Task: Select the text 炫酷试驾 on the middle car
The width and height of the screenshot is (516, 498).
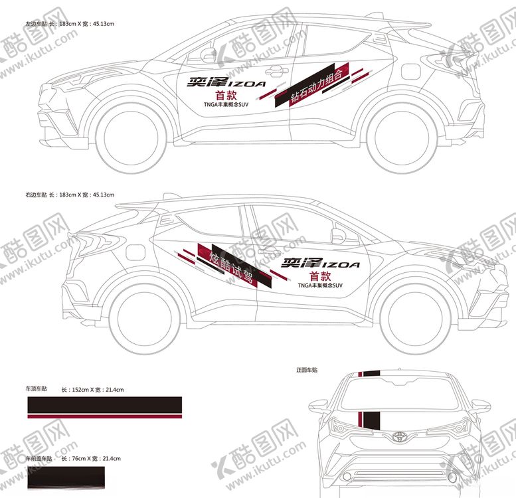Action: coord(232,266)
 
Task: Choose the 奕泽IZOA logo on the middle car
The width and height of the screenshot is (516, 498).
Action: coord(321,264)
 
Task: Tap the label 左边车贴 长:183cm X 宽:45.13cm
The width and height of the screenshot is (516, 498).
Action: coord(70,24)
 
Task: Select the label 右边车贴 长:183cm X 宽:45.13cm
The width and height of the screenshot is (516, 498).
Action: coord(70,195)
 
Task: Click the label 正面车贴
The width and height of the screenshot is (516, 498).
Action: coord(307,369)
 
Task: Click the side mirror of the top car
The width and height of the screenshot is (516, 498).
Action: coord(210,54)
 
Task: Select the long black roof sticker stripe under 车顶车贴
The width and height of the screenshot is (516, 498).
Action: coord(104,404)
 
